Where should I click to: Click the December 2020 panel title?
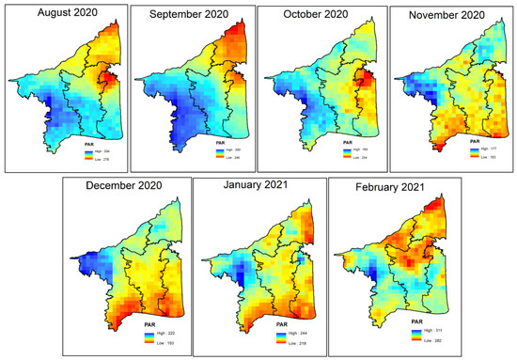(123, 187)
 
